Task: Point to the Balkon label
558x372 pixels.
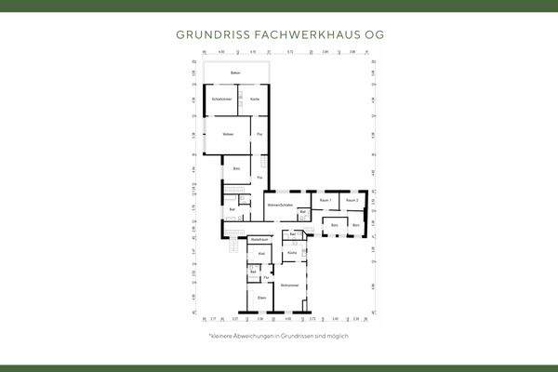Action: click(x=236, y=72)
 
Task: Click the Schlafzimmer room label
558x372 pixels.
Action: click(x=220, y=100)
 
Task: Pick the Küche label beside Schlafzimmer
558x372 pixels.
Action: click(x=253, y=100)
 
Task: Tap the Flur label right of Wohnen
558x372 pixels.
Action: click(x=259, y=136)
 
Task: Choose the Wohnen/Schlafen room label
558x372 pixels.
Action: click(x=280, y=205)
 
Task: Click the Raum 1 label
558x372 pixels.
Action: click(x=325, y=200)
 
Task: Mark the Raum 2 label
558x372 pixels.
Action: click(x=352, y=200)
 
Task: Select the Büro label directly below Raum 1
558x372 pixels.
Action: click(x=334, y=224)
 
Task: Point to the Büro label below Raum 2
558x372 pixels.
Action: click(x=355, y=224)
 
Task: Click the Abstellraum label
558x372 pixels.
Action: click(x=259, y=240)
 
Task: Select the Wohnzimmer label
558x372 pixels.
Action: click(x=288, y=285)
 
